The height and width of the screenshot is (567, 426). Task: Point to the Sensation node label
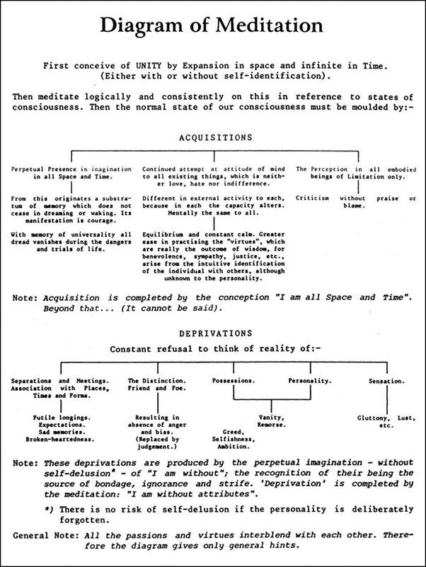tap(386, 381)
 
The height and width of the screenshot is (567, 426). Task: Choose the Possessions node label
tap(233, 381)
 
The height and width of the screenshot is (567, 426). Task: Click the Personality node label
tap(309, 381)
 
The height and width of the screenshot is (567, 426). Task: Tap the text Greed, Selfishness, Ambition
tap(236, 438)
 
